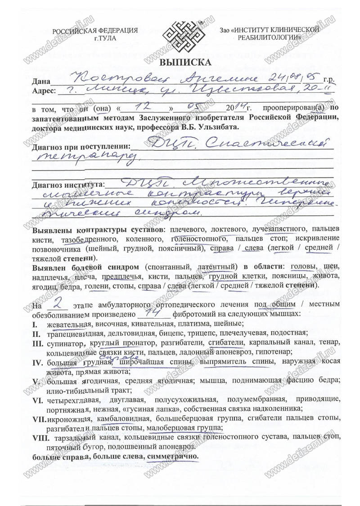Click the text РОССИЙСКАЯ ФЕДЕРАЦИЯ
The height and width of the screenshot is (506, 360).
[x=95, y=31]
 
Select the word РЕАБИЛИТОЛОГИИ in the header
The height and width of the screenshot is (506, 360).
[x=270, y=39]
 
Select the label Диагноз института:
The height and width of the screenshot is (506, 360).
[x=68, y=185]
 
